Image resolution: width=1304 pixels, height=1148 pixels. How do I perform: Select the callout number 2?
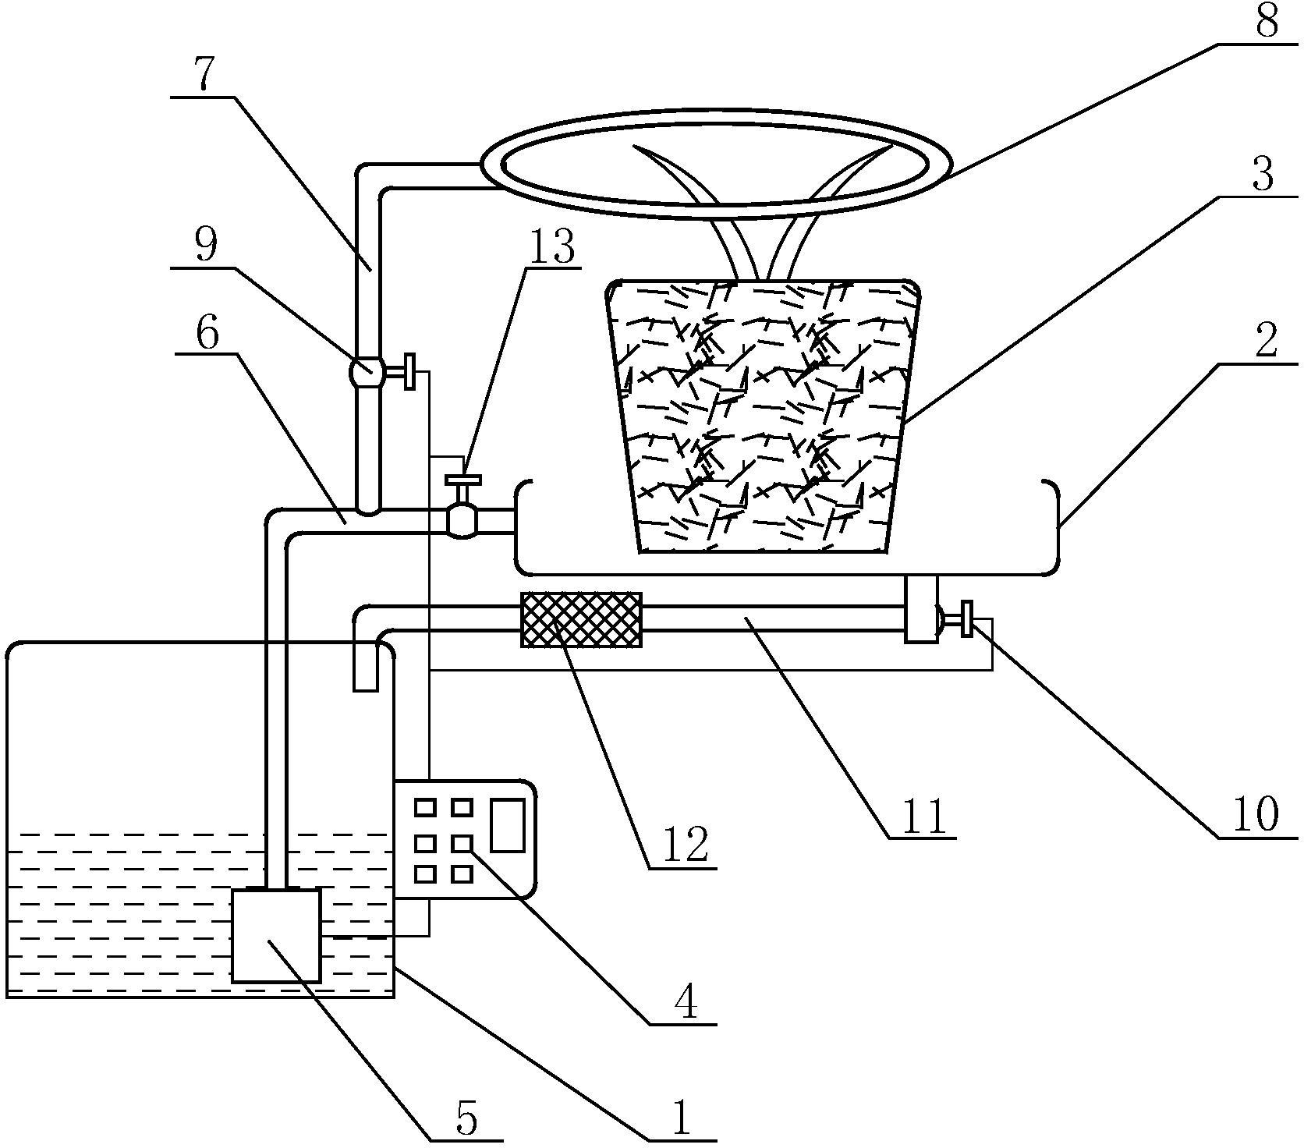pos(1266,339)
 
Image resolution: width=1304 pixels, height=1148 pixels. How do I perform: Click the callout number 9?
pos(206,245)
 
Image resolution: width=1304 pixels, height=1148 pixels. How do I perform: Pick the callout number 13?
pos(552,247)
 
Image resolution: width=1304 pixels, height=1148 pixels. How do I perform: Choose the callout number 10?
pos(1255,814)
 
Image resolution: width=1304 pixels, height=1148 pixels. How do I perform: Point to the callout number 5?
pos(466,1118)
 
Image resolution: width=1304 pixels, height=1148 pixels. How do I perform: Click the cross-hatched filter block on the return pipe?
pos(581,619)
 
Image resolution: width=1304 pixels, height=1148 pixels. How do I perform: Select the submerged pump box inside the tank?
pos(276,935)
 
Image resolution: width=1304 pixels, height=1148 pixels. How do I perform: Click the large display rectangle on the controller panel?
pos(506,824)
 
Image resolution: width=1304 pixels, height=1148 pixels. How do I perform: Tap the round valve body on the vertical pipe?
pos(367,370)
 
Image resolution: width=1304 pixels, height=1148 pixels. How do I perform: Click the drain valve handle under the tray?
pos(968,618)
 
